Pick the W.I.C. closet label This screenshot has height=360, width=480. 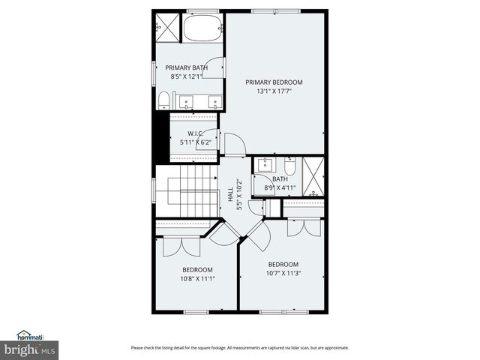tap(186, 133)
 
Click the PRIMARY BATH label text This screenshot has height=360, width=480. tap(186, 67)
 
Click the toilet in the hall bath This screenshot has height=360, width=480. tap(291, 165)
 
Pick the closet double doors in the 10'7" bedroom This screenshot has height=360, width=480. tap(304, 227)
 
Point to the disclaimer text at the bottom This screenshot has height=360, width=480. tap(239, 348)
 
